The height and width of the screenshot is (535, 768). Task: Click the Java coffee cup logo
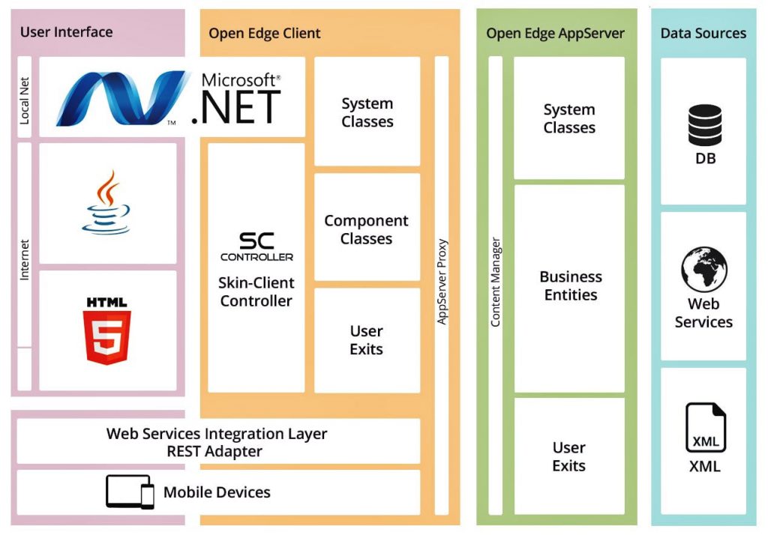pos(108,203)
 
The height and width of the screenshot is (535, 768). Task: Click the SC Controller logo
pos(256,247)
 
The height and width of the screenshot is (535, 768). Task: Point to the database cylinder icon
pos(704,125)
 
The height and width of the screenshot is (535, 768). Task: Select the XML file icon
pos(705,428)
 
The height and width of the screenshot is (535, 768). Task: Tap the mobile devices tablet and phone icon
pos(130,492)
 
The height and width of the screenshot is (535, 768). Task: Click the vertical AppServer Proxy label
pos(442,281)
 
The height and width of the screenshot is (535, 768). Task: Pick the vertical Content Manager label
pos(495,282)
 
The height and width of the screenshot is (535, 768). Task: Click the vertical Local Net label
pos(25,97)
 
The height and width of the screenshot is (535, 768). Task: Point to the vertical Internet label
pos(25,259)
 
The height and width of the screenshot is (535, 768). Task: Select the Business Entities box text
pos(570,285)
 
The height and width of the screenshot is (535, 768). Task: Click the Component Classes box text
pos(367,230)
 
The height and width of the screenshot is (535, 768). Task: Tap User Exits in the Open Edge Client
pos(367,340)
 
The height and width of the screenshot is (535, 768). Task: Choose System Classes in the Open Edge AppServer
pos(569,118)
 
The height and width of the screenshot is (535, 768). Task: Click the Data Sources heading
pos(703,33)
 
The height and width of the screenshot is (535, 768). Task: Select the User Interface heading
pos(66,31)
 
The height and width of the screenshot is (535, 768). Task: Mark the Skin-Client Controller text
pos(256,291)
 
